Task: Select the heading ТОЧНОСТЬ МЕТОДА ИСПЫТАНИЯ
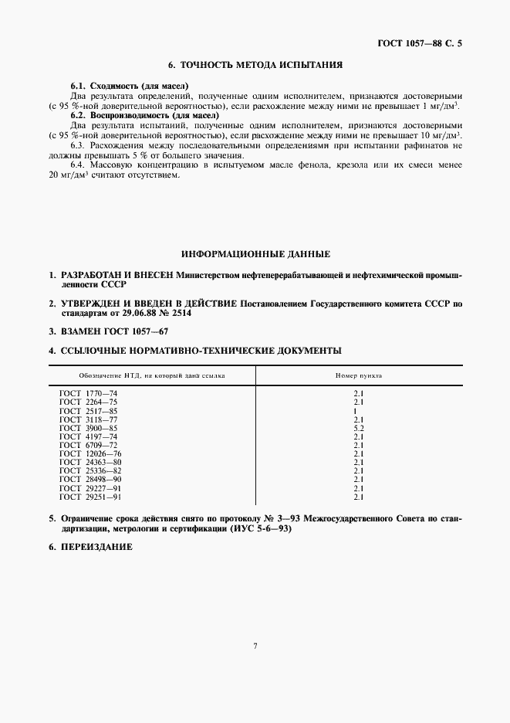[x=255, y=66]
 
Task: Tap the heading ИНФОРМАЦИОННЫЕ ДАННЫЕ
[x=255, y=253]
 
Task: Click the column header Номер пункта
[x=358, y=376]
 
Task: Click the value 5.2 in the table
[x=358, y=428]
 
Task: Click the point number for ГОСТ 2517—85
[x=358, y=411]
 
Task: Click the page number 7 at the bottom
[x=255, y=646]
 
